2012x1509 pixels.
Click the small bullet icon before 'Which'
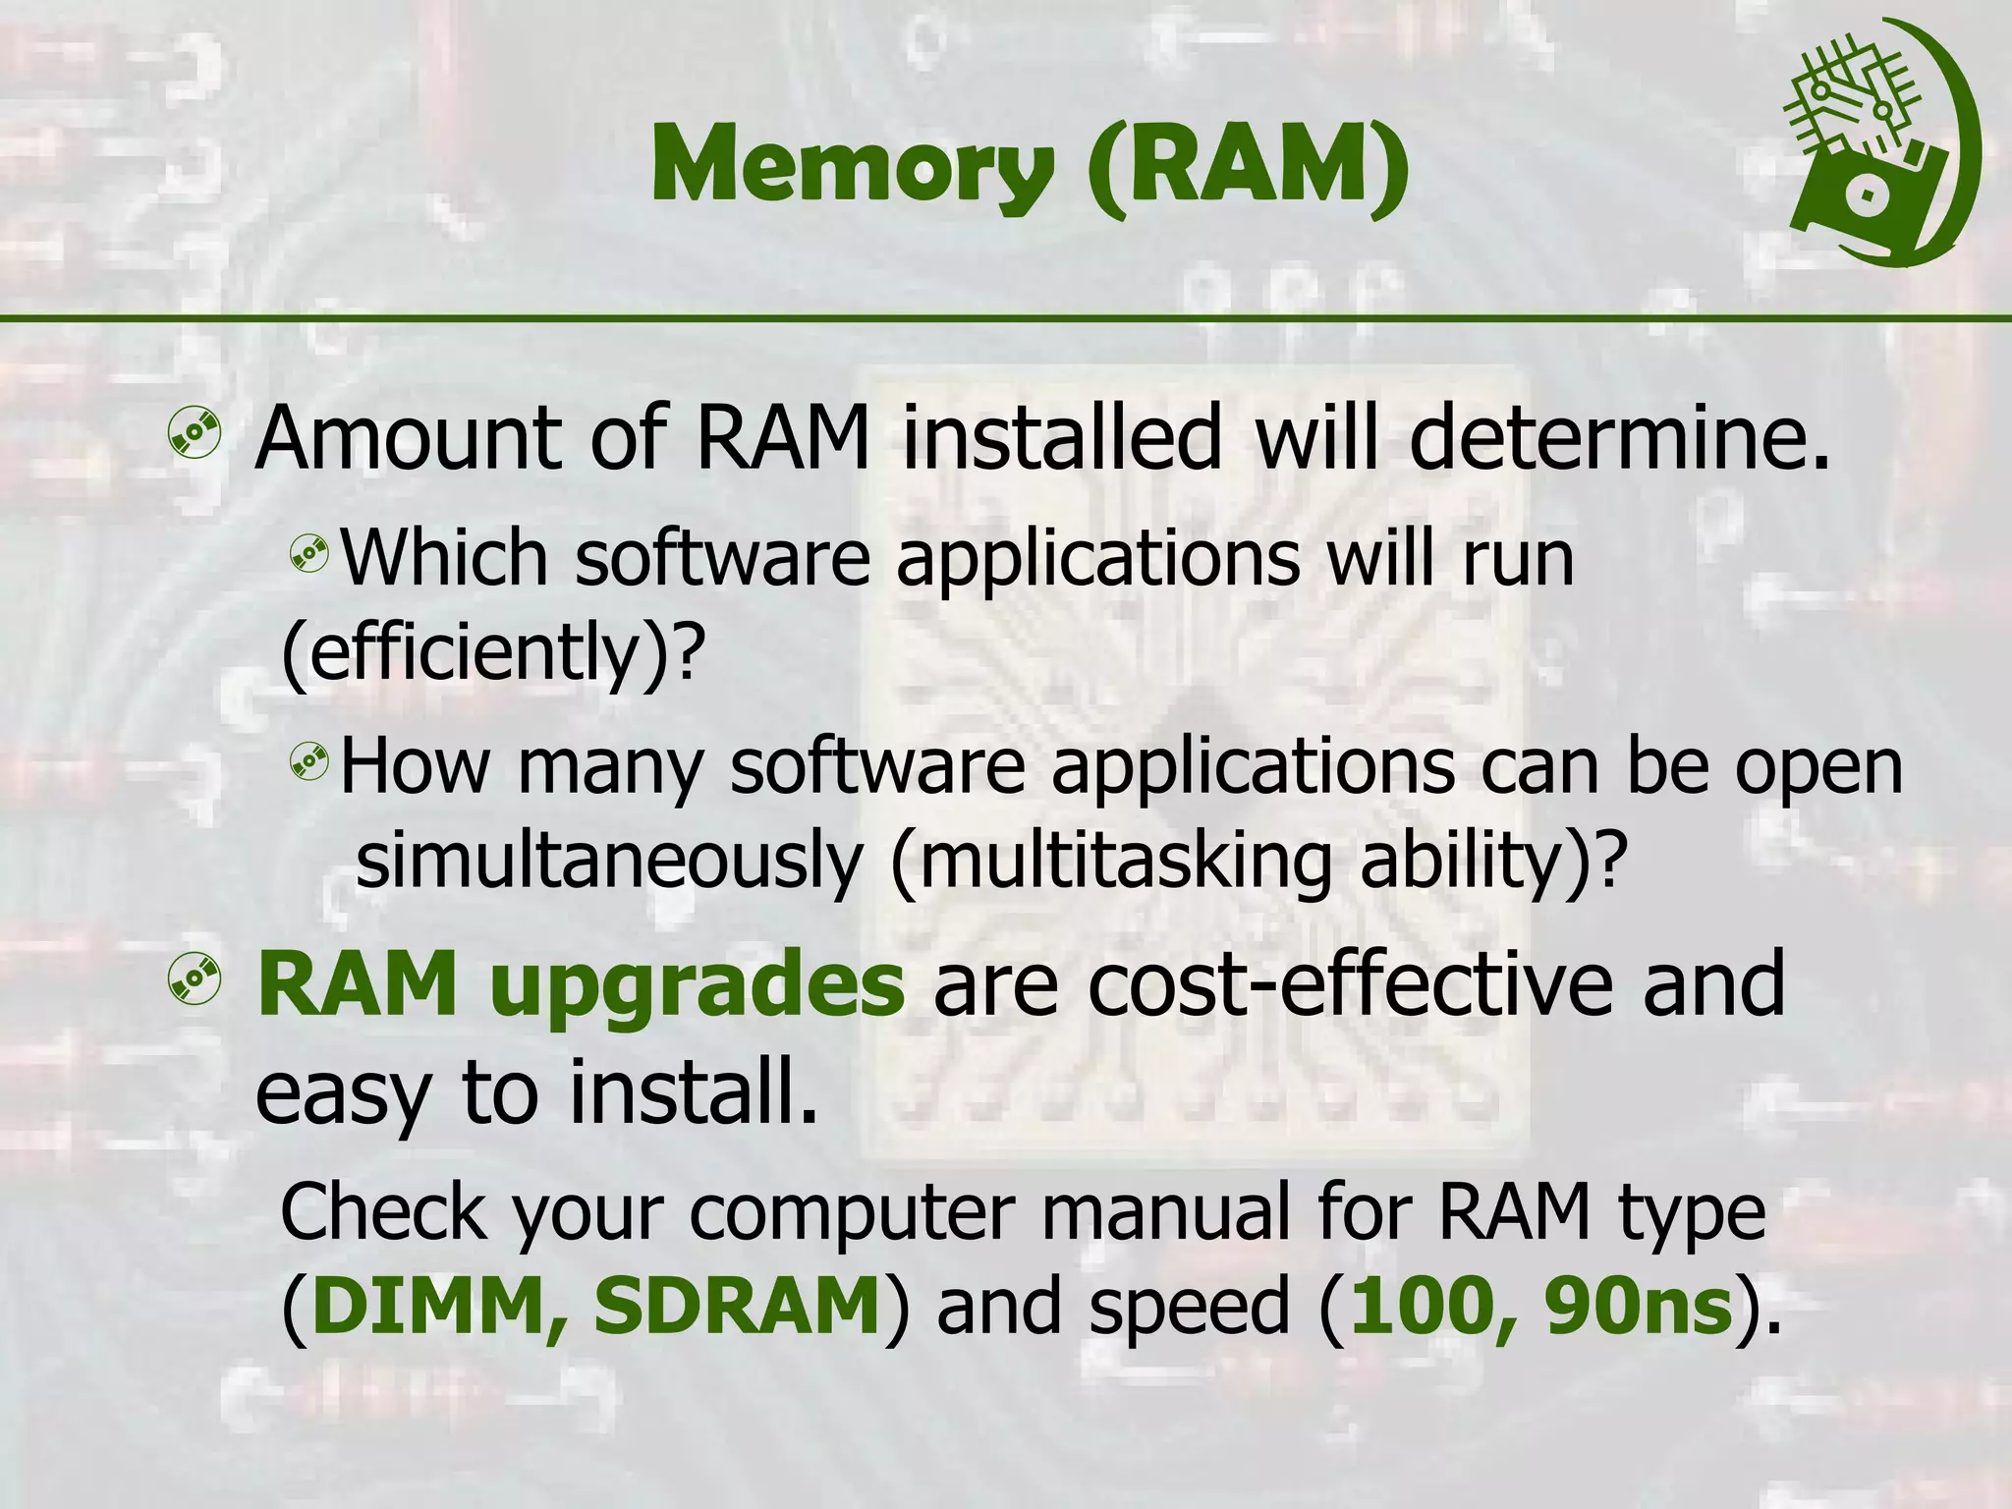click(308, 555)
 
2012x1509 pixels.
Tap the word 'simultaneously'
click(608, 862)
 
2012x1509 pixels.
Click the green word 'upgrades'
click(697, 984)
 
